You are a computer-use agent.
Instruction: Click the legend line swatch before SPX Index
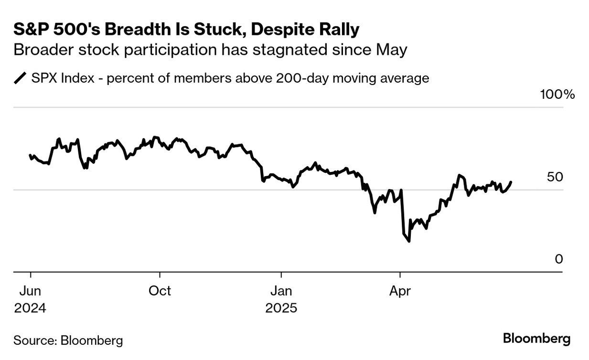(x=20, y=78)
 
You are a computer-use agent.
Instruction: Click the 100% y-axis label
(x=557, y=94)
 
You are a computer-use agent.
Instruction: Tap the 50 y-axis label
(x=556, y=177)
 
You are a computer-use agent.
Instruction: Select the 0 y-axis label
(x=558, y=259)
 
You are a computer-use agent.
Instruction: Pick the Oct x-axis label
(x=160, y=291)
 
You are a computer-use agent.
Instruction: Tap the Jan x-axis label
(x=281, y=291)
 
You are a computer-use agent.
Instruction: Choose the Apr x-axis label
(x=400, y=291)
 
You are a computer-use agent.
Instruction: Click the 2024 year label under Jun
(x=30, y=308)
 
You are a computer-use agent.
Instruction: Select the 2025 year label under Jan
(x=281, y=308)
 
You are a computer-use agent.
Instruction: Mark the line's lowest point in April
(x=409, y=241)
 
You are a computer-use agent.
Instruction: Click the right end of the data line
(x=511, y=182)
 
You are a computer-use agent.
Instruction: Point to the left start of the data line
(x=30, y=155)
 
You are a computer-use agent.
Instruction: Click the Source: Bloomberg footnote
(x=68, y=340)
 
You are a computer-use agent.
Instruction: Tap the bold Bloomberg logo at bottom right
(x=536, y=339)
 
